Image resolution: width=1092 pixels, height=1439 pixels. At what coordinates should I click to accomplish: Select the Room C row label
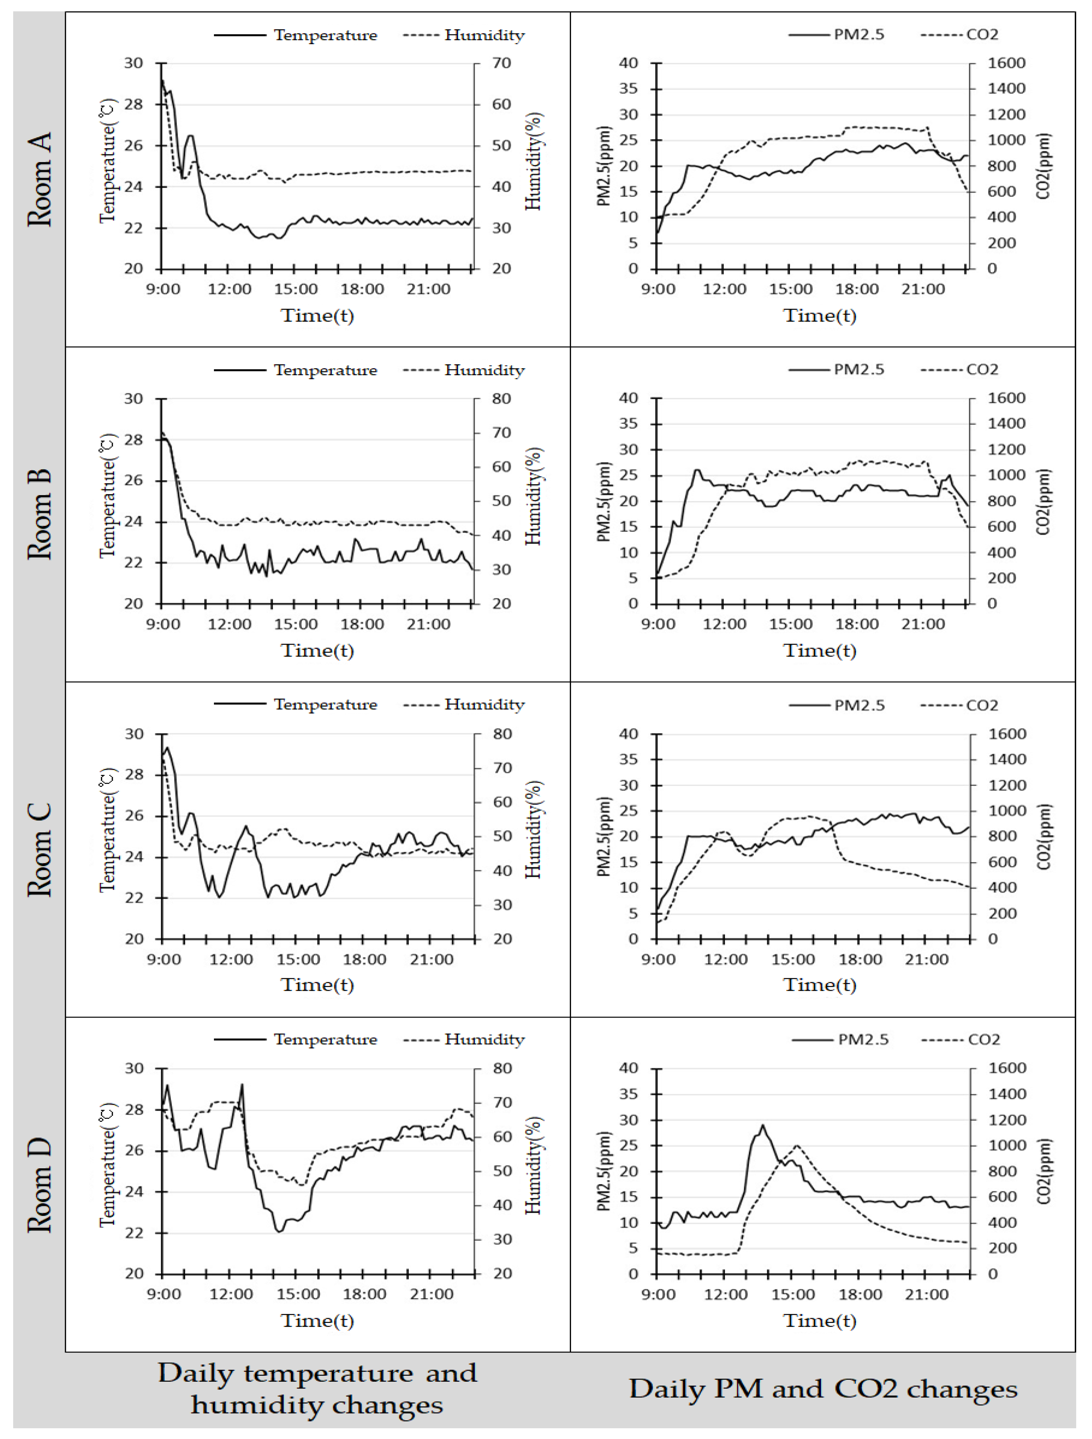point(39,850)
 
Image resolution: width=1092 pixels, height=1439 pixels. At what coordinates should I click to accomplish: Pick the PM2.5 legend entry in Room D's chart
point(863,1040)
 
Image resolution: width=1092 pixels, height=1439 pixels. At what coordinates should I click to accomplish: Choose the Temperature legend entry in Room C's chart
point(325,705)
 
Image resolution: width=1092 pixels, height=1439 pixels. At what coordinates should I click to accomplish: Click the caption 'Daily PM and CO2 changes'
point(823,1389)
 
